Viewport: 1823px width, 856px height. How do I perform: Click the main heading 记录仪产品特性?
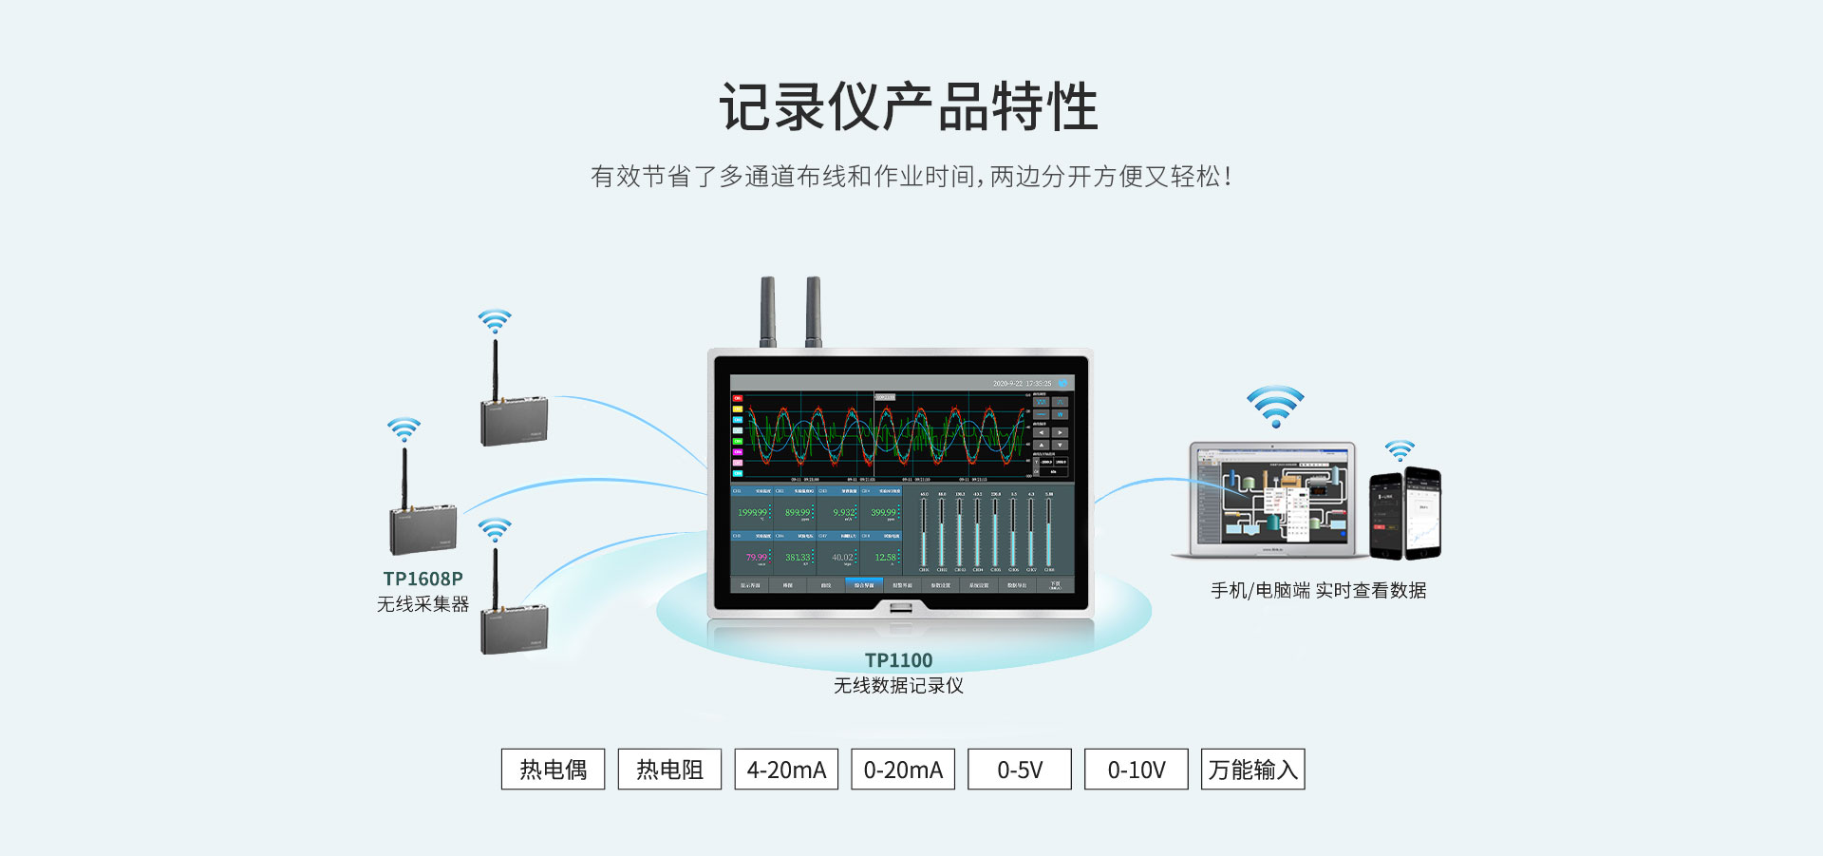click(x=909, y=106)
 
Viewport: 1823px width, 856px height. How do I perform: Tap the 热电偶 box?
click(x=553, y=770)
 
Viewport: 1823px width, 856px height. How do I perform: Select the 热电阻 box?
click(x=669, y=770)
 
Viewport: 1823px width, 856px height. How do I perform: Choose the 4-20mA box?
click(x=786, y=770)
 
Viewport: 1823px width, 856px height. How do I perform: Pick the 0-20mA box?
click(x=903, y=770)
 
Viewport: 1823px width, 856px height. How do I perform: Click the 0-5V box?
click(x=1020, y=770)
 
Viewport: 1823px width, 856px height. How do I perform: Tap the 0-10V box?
click(x=1137, y=770)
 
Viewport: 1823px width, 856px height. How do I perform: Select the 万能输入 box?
click(x=1253, y=770)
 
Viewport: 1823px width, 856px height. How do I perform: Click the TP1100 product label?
click(x=898, y=660)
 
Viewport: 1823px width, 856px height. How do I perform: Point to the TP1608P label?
click(x=423, y=579)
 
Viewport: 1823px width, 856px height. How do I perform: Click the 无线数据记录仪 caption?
click(x=898, y=686)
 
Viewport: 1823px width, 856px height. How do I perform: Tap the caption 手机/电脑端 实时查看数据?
click(x=1318, y=591)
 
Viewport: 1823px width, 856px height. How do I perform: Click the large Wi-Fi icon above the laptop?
click(x=1275, y=406)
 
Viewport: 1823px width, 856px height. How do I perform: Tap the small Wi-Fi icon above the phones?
click(x=1400, y=449)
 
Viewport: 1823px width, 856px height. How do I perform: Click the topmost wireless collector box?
click(x=514, y=422)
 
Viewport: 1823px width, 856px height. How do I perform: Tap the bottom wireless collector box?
click(x=514, y=630)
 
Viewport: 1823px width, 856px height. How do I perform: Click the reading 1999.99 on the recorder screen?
click(x=753, y=513)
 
